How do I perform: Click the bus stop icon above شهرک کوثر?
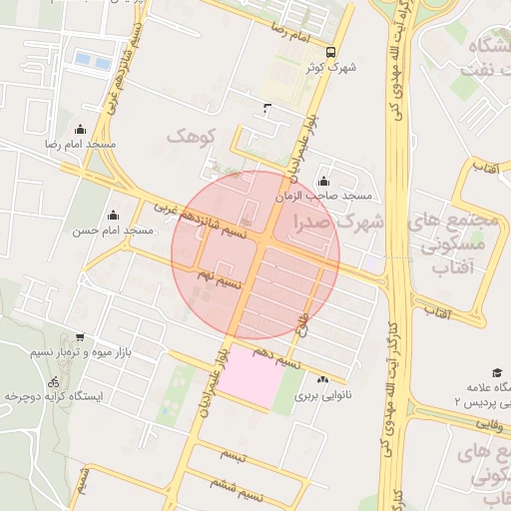pyautogui.click(x=330, y=54)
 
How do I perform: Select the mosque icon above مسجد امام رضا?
pyautogui.click(x=81, y=130)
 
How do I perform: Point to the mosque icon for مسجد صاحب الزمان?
pyautogui.click(x=322, y=181)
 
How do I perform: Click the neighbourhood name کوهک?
pyautogui.click(x=190, y=135)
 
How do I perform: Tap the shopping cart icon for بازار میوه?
pyautogui.click(x=80, y=337)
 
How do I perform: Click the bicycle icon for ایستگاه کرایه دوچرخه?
pyautogui.click(x=53, y=381)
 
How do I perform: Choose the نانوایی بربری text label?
pyautogui.click(x=317, y=395)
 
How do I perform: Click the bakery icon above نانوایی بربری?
pyautogui.click(x=321, y=379)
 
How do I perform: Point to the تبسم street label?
pyautogui.click(x=233, y=454)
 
